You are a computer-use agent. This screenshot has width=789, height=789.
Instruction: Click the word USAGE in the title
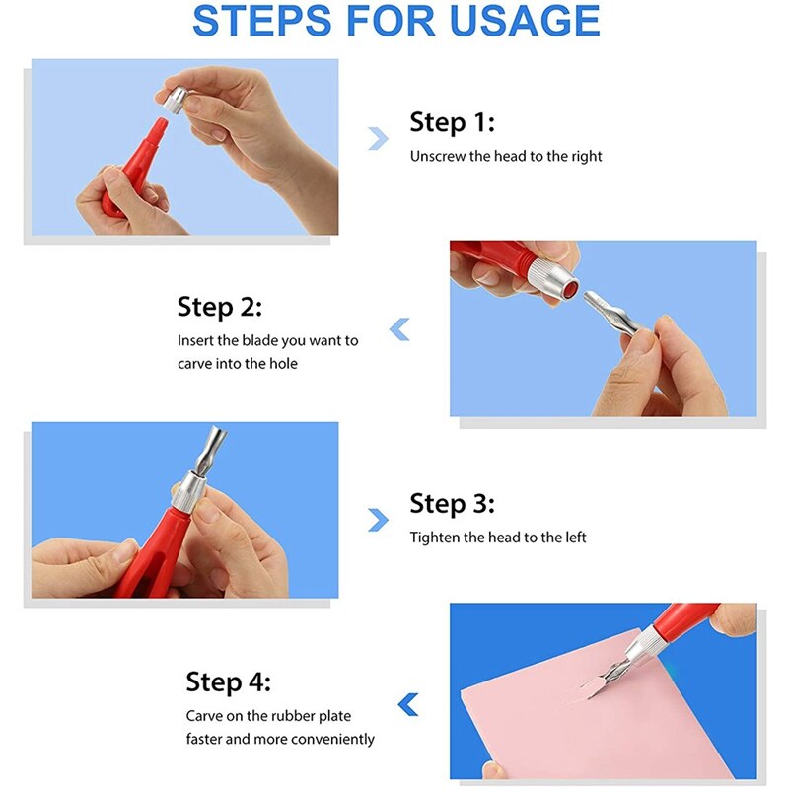(525, 21)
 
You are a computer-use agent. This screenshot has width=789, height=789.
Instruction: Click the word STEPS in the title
(261, 21)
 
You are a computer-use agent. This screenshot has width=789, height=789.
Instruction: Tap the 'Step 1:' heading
(452, 122)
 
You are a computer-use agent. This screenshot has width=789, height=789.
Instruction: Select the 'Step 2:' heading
(219, 308)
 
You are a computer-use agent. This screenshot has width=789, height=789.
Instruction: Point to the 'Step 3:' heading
(452, 504)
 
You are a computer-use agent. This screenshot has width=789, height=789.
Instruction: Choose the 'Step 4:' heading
(228, 682)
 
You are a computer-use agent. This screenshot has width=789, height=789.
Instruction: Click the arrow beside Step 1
(378, 139)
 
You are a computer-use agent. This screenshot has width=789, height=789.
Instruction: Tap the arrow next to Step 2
(399, 329)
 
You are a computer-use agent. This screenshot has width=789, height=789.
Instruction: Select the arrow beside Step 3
(378, 521)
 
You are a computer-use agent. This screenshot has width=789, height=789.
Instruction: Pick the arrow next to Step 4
(408, 704)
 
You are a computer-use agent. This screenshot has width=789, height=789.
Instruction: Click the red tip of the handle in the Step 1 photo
(158, 127)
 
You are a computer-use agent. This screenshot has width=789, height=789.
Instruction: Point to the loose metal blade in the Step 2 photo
(610, 313)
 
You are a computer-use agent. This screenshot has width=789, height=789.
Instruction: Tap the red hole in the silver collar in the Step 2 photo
(571, 290)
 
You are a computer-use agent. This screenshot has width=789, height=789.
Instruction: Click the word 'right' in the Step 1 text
(586, 157)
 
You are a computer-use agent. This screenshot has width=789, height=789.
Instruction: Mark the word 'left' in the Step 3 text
(576, 538)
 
